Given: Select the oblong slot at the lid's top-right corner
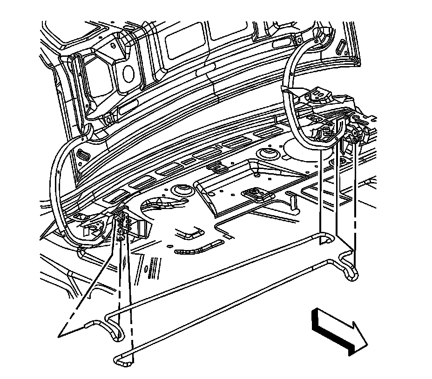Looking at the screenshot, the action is click(x=341, y=48).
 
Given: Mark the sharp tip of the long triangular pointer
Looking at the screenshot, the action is click(x=59, y=335).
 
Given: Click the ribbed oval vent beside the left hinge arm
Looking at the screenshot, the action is click(x=84, y=154).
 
